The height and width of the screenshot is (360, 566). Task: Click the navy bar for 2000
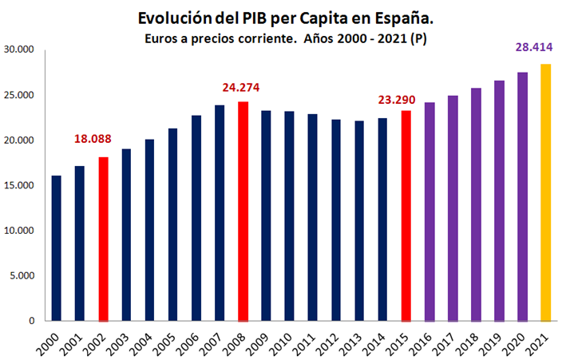[x=57, y=248]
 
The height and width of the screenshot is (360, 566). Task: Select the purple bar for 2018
[x=476, y=204]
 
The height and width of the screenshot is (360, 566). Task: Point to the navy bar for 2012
[x=337, y=220]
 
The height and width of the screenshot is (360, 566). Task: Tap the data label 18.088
[x=93, y=139]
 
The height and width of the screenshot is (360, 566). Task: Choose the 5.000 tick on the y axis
[x=21, y=276]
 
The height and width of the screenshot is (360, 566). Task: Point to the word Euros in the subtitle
[x=164, y=38]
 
